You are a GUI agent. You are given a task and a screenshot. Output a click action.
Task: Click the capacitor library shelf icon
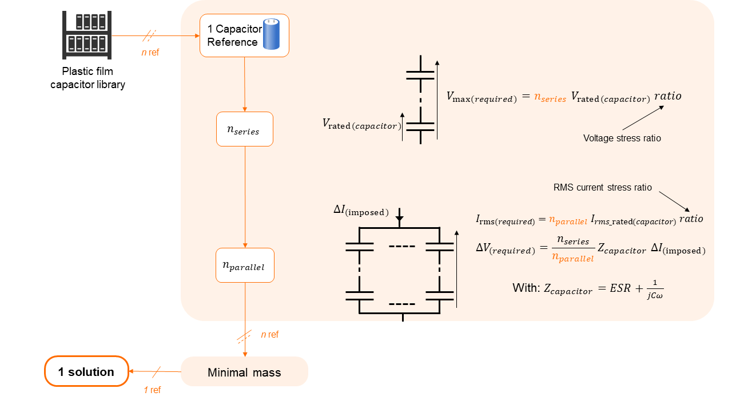pos(86,35)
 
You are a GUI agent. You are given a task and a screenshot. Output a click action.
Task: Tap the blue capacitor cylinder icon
pos(271,35)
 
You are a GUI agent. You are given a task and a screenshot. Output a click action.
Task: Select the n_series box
pos(244,129)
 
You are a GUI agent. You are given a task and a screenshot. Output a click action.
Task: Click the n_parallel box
pos(244,266)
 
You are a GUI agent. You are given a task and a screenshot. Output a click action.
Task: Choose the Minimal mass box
pos(244,372)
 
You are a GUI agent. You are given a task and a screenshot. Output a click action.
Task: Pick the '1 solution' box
pos(86,372)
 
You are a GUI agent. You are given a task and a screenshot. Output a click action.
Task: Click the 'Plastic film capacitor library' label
pos(94,78)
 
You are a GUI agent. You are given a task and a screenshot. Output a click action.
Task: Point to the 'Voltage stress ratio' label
pos(622,138)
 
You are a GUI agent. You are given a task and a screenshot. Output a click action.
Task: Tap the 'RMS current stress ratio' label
pos(603,187)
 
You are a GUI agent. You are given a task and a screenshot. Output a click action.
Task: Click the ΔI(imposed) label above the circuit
pos(361,211)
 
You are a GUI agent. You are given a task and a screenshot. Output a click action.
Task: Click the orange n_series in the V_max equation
pos(550,98)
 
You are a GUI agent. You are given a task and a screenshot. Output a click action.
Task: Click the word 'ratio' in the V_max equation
pos(668,96)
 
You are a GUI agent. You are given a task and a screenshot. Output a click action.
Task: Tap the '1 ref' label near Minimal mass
pos(152,390)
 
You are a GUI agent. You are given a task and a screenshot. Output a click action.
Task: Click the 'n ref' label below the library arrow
pos(150,53)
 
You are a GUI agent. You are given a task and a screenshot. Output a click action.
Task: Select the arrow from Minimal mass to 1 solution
pos(154,371)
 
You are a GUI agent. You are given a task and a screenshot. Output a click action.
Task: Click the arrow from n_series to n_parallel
pos(245,197)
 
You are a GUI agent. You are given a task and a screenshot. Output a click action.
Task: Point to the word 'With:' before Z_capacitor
pos(526,288)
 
